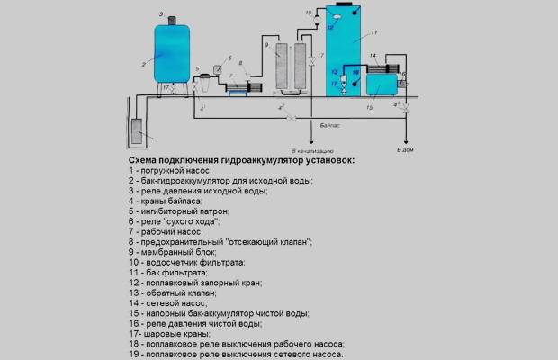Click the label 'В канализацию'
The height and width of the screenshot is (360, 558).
[310, 148]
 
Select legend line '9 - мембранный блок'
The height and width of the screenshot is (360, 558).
[184, 252]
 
